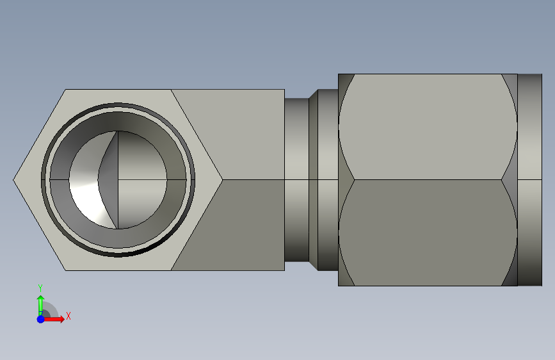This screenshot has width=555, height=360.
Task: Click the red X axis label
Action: coord(68,316)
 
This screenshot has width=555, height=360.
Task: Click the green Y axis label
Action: coord(40,288)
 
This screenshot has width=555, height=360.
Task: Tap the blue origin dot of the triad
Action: coord(41,319)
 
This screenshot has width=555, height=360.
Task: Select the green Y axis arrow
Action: coord(41,305)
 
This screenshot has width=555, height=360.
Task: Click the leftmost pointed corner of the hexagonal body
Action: coord(13,180)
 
